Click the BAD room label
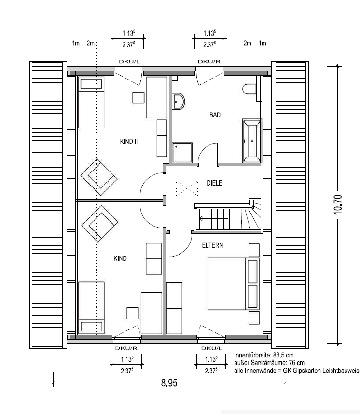[x=215, y=115]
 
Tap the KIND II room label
[x=129, y=142]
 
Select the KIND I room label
[x=122, y=258]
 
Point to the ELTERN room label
[x=212, y=245]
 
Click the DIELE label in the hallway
[x=214, y=183]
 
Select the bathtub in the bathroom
[x=251, y=141]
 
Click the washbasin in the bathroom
[x=179, y=101]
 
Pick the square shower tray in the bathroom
[x=182, y=153]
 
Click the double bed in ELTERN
[x=227, y=284]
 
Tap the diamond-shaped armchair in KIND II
[x=99, y=177]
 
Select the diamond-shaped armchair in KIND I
[x=99, y=224]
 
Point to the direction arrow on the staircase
[x=213, y=219]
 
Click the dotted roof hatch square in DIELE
[x=187, y=188]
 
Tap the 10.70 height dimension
[x=338, y=204]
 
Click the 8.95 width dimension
[x=169, y=383]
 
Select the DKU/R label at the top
[x=209, y=62]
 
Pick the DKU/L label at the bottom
[x=212, y=348]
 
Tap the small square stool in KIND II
[x=138, y=98]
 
